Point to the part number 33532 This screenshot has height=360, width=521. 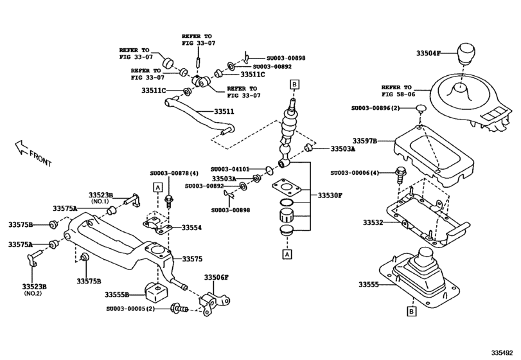373,222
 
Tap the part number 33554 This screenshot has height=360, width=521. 191,228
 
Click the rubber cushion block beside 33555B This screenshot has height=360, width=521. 154,292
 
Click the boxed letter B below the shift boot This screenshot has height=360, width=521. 411,312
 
